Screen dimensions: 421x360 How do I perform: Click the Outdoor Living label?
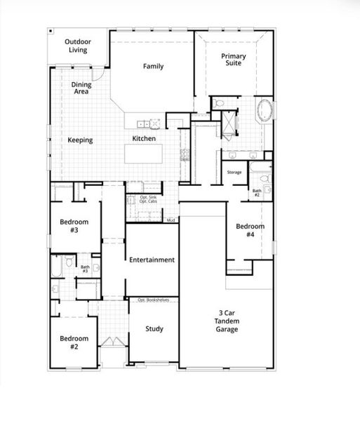tap(78, 46)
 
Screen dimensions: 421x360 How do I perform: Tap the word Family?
tap(154, 67)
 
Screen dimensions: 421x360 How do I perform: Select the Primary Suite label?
tap(234, 60)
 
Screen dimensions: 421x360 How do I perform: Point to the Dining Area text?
tap(81, 88)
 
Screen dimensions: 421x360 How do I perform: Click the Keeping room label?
tap(80, 140)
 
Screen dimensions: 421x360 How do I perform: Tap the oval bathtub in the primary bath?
tap(266, 111)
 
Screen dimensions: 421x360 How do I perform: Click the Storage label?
tap(234, 172)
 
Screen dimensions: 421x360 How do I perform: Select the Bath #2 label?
tap(257, 192)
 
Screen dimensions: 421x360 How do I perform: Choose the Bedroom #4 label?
tap(250, 230)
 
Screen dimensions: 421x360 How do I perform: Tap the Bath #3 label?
tap(85, 268)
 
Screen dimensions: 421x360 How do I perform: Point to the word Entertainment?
tap(152, 260)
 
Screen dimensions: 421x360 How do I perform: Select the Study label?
tap(154, 328)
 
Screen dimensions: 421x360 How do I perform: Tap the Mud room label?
tap(171, 220)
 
